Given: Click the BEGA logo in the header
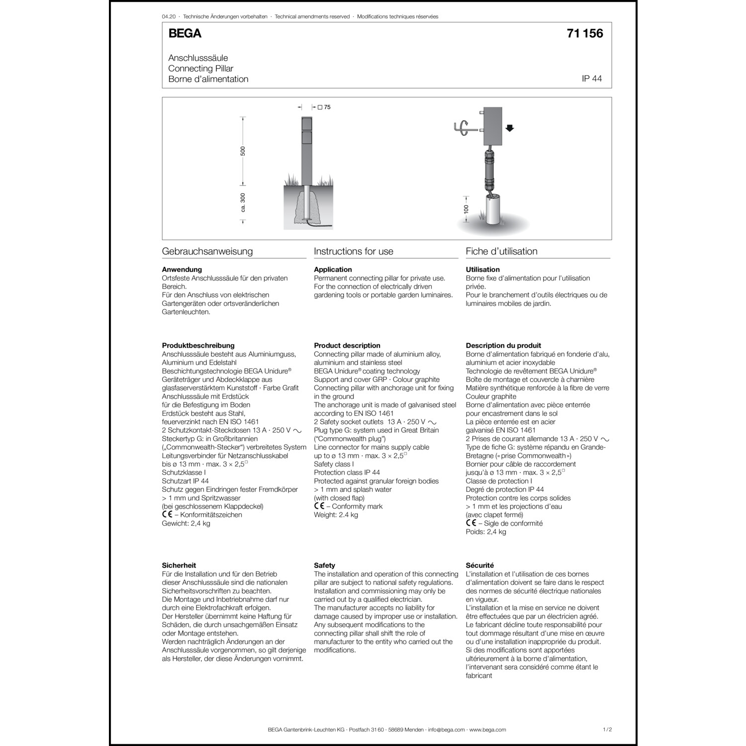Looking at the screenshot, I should pos(185,34).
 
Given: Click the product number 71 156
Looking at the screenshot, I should pos(584,34).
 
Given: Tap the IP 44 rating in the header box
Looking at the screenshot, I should pos(591,79).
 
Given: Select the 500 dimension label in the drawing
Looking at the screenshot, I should pos(243,151).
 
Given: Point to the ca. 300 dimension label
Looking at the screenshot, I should pos(243,202).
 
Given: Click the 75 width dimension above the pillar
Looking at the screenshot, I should pos(327,107).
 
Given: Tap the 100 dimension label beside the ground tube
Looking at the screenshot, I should pos(466,209).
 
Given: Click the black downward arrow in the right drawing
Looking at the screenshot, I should pos(509,128).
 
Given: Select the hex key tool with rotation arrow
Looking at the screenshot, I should pos(463,127).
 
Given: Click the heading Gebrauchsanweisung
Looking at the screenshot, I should pos(207,252).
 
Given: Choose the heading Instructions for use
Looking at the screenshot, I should pos(353,252).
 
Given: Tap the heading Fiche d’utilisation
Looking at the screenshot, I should pos(501,252).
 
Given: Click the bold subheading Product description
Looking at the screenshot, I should pos(347,346).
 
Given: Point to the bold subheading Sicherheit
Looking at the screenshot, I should pos(179,565).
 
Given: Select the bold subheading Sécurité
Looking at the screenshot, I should pos(479,565).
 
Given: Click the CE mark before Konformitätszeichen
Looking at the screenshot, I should pos(167,515).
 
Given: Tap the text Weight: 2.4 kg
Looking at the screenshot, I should pos(336,515).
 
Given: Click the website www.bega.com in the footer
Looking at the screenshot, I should pos(487,730).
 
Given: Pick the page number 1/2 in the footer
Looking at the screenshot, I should pos(607,730).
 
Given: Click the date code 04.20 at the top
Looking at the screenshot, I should pos(169,17).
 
